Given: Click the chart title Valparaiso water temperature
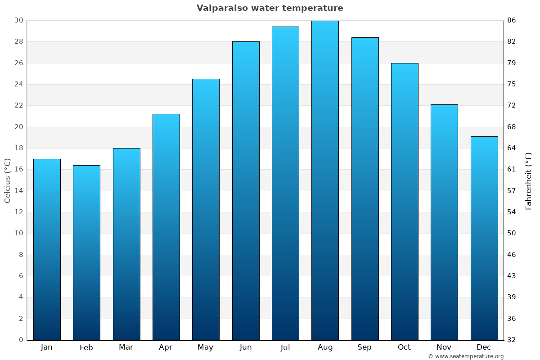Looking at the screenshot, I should pyautogui.click(x=270, y=8).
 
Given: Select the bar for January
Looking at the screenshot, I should pyautogui.click(x=47, y=249).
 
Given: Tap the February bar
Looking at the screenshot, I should pyautogui.click(x=86, y=252).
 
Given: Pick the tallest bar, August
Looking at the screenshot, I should pyautogui.click(x=325, y=180).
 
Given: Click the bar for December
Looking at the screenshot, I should pyautogui.click(x=484, y=238).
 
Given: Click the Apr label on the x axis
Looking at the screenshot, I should pyautogui.click(x=166, y=347).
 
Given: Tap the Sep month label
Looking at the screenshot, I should pyautogui.click(x=364, y=347).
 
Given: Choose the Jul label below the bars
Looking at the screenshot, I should pyautogui.click(x=285, y=347).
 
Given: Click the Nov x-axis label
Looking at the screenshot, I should pyautogui.click(x=444, y=347).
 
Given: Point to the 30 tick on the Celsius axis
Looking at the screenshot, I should pyautogui.click(x=18, y=20).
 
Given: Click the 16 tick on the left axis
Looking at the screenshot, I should pyautogui.click(x=18, y=170).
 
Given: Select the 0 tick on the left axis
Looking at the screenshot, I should pyautogui.click(x=21, y=340).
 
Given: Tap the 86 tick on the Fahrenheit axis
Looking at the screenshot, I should pyautogui.click(x=512, y=20).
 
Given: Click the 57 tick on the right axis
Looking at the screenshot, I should pyautogui.click(x=512, y=191).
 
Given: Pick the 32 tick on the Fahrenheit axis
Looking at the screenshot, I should pyautogui.click(x=512, y=340).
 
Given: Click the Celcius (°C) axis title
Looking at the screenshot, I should pyautogui.click(x=7, y=180).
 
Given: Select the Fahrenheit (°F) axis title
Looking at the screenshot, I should pyautogui.click(x=529, y=180).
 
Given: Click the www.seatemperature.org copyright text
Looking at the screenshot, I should pyautogui.click(x=466, y=356).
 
